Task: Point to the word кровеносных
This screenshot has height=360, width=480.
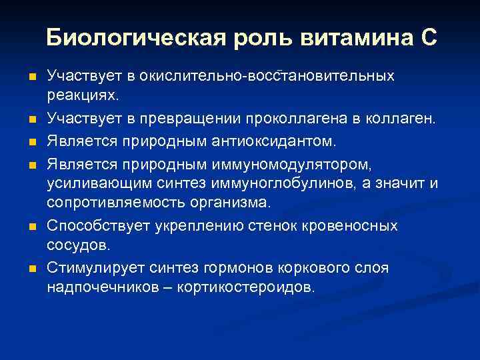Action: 354,226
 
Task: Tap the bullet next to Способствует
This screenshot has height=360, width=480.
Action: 32,227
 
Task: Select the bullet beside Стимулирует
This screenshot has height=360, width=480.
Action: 32,269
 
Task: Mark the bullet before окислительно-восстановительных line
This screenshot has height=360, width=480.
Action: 32,77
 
